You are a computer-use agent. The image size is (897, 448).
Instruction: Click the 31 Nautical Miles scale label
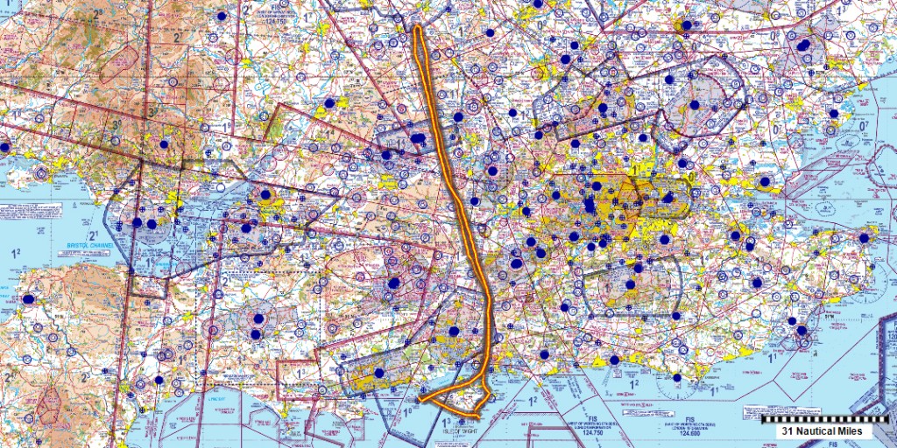point(810,430)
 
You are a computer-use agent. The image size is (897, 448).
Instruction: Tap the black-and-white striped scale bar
point(816,418)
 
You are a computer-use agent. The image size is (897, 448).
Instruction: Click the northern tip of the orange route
point(419,28)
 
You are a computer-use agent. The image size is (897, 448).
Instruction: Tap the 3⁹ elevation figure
point(117,126)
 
